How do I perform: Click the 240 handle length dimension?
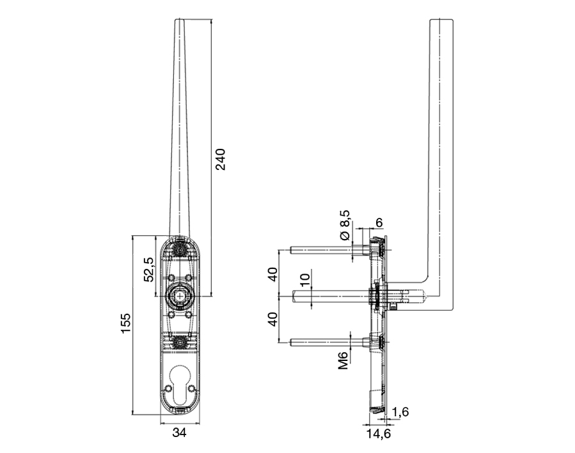221,160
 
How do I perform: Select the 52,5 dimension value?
148,269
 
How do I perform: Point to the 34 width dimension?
179,433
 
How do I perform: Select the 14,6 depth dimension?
378,434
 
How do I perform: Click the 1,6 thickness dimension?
401,412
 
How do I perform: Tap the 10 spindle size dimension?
304,279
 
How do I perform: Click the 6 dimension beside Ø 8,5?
379,222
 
